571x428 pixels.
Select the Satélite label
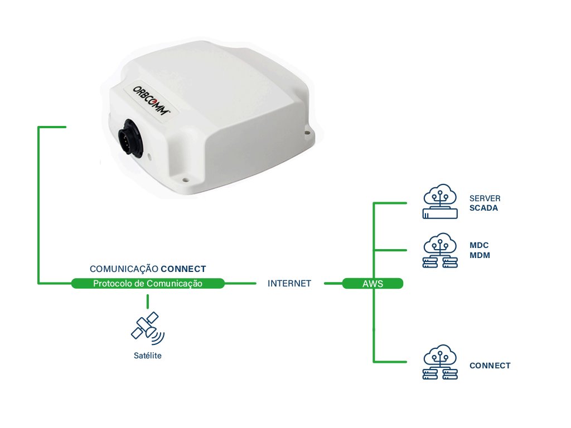point(148,356)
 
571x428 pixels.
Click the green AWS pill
point(372,284)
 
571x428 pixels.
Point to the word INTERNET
point(289,284)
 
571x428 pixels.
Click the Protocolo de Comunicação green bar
point(148,284)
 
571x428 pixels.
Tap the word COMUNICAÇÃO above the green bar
point(123,269)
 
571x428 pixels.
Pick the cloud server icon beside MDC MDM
point(441,251)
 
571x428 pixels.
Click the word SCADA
point(483,208)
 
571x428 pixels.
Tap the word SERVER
point(485,199)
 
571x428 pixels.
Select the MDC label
point(479,246)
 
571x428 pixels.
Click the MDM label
point(480,255)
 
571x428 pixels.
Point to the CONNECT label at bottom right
point(490,366)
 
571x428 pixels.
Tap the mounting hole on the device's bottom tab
point(186,180)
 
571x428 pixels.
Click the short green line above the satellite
point(148,301)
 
